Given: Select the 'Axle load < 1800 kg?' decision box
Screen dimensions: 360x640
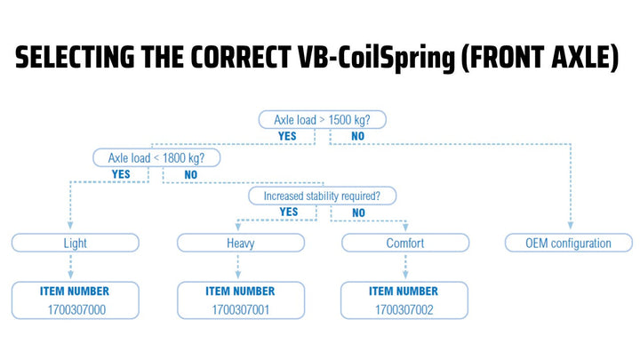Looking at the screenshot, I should click(156, 158).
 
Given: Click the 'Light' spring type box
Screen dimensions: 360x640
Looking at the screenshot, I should click(76, 243).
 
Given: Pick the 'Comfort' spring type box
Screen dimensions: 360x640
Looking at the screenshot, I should click(405, 243).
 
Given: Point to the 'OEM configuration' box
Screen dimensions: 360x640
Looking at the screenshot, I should click(570, 243).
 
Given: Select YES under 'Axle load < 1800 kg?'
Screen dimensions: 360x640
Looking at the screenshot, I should click(121, 175).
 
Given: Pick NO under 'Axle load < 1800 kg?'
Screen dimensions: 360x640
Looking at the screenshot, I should click(190, 175).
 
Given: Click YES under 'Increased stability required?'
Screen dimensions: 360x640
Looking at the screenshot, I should click(289, 212).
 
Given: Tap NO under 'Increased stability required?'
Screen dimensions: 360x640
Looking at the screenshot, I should click(358, 213).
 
